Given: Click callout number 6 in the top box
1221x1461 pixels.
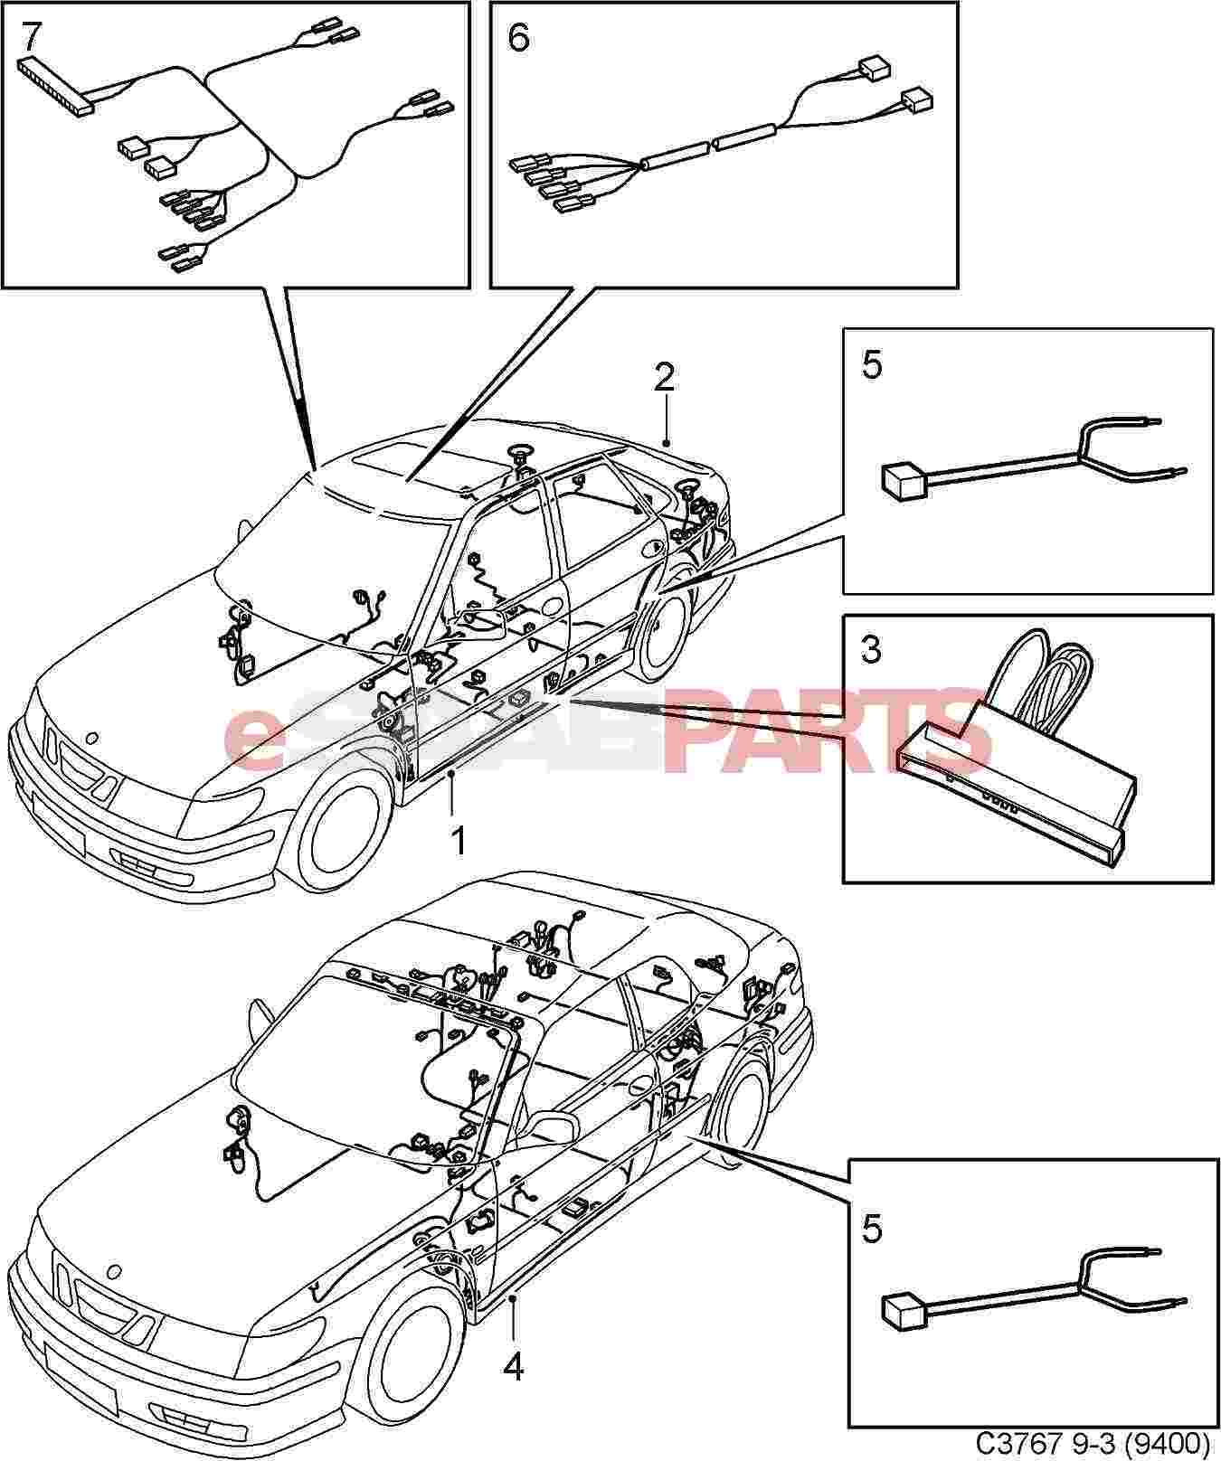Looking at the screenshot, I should click(x=518, y=39).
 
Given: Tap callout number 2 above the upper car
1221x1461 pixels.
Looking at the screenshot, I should click(x=665, y=377).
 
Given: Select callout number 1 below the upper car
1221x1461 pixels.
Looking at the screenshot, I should click(x=459, y=842).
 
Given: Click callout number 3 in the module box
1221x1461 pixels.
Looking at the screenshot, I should click(x=870, y=648).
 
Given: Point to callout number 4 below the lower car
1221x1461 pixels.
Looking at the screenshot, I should click(x=513, y=1392).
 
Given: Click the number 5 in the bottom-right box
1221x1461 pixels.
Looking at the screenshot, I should click(x=871, y=1230).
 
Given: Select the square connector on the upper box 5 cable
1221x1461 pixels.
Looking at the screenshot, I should click(x=903, y=479).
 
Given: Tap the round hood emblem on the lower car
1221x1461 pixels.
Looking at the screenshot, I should click(x=114, y=1271).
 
